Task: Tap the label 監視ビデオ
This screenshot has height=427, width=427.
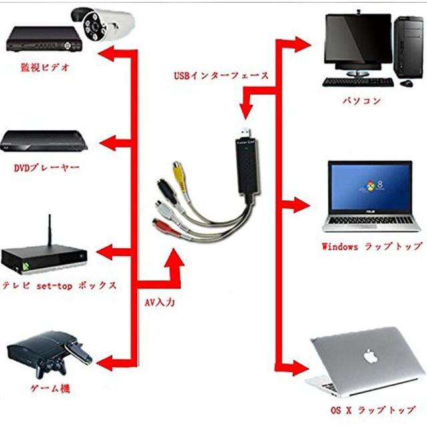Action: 45,67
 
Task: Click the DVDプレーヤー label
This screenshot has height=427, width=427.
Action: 46,167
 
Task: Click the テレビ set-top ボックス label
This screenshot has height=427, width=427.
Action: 60,285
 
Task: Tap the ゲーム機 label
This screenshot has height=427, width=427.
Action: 46,389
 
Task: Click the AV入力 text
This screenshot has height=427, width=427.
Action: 160,302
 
